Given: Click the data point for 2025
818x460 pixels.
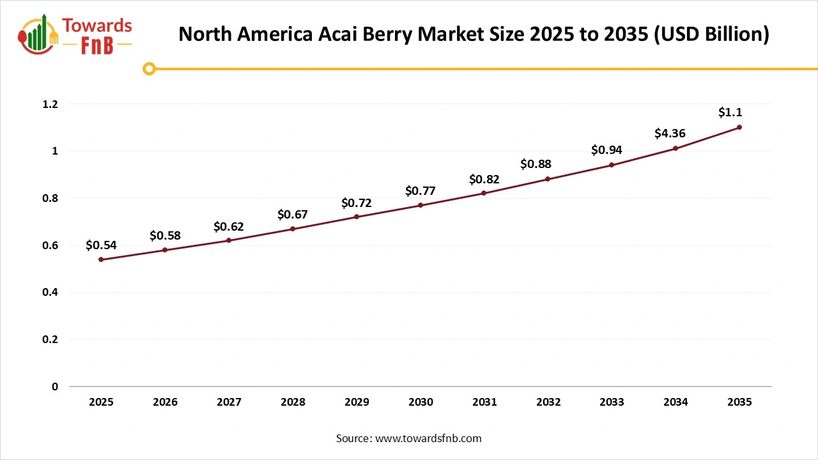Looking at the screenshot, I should point(101,259).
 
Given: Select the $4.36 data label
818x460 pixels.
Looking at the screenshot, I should point(670,134).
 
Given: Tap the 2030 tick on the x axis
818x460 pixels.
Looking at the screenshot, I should point(421,402).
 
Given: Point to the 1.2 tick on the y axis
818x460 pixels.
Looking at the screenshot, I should point(50,104).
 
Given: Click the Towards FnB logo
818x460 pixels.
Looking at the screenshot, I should point(75,35).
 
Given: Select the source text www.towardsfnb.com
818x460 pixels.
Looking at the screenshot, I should point(428,438).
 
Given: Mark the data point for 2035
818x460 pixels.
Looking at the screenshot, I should point(739,127).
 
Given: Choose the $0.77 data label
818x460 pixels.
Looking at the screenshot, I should point(421,190).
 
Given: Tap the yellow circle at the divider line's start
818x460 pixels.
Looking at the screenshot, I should point(149,68).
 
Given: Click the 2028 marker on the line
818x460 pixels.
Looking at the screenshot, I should point(293,229).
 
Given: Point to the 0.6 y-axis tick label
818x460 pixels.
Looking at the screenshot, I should point(50,245).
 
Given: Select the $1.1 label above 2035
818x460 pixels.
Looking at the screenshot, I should point(730,112).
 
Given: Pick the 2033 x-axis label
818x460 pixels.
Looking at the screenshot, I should point(612,402).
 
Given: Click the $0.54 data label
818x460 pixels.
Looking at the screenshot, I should point(101,245).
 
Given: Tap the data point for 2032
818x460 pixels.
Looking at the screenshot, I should point(548,179).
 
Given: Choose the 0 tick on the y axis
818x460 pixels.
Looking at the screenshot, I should point(55,387).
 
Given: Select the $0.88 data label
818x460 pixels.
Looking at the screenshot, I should point(536,164).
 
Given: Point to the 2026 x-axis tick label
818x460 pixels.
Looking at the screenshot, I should point(165,402).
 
